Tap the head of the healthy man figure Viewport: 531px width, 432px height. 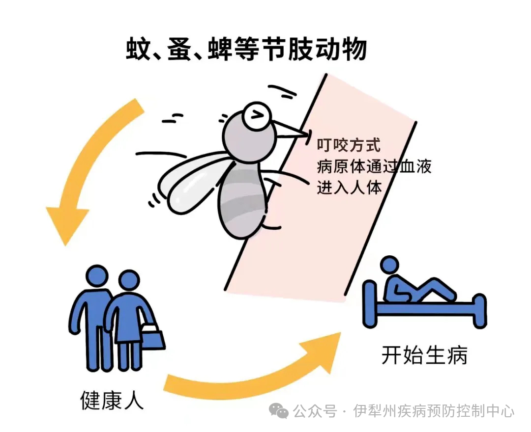click(97, 276)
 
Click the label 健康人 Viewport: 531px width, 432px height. click(112, 401)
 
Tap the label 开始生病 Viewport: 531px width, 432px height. click(424, 355)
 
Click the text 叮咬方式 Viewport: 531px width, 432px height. click(349, 145)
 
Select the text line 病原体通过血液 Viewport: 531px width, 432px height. click(374, 166)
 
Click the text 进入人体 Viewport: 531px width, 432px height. click(349, 187)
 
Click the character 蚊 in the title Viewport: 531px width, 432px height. click(138, 50)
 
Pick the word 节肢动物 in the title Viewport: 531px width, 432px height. click(317, 50)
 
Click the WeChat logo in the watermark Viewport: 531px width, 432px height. click(278, 411)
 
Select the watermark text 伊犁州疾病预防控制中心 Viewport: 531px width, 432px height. click(434, 411)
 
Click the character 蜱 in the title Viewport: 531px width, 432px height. click(220, 50)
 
